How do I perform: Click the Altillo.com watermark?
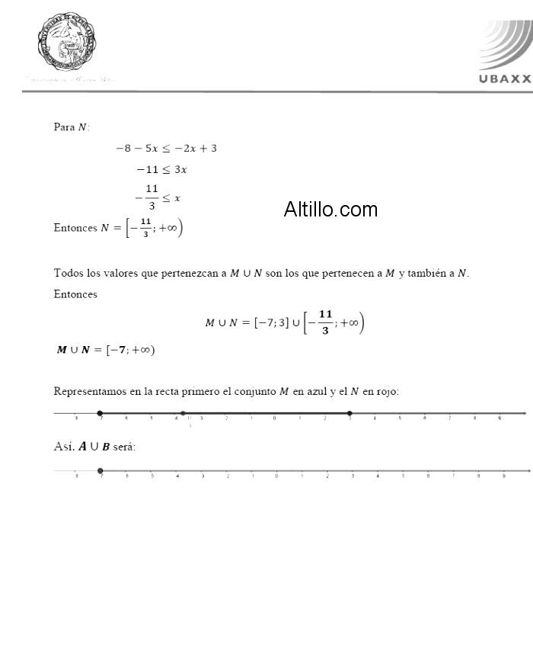click(x=330, y=210)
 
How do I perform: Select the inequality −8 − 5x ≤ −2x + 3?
click(x=166, y=148)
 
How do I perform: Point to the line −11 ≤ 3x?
click(x=161, y=169)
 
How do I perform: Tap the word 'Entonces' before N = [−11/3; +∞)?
click(x=75, y=228)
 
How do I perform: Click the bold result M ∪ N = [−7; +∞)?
click(x=106, y=350)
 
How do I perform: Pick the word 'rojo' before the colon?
click(x=386, y=392)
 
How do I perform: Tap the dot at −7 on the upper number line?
click(x=101, y=413)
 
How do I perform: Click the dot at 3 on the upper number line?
click(x=349, y=413)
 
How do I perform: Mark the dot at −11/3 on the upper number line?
click(x=183, y=413)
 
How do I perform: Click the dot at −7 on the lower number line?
click(x=101, y=471)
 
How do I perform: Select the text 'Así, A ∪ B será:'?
click(x=94, y=447)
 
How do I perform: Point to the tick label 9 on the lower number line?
click(x=503, y=476)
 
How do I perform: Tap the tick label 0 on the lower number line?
click(x=276, y=476)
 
